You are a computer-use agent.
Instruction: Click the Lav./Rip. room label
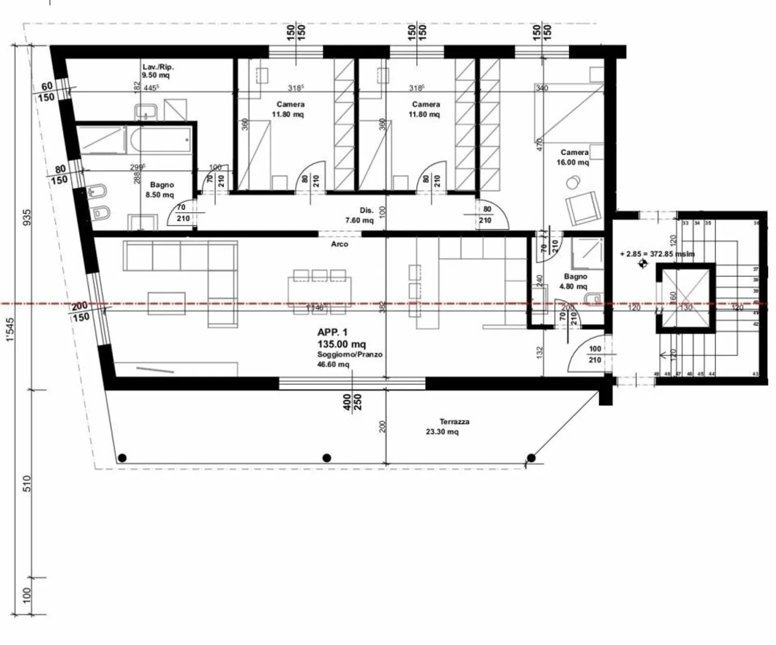(158, 67)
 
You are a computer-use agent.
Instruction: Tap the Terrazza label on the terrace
(454, 422)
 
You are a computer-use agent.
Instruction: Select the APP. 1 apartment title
(332, 332)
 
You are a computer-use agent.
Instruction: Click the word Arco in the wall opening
(339, 244)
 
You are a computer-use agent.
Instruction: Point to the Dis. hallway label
(366, 211)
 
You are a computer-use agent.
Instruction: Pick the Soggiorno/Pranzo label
(350, 355)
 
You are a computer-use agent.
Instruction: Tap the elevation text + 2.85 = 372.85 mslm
(657, 254)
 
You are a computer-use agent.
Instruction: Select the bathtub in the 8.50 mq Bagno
(160, 139)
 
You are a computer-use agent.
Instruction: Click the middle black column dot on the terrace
(327, 458)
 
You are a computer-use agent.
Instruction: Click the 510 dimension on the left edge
(27, 482)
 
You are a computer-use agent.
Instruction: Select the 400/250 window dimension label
(352, 402)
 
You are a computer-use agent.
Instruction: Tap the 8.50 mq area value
(160, 195)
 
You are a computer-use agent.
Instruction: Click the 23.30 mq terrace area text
(442, 431)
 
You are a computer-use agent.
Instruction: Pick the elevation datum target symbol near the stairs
(642, 263)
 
